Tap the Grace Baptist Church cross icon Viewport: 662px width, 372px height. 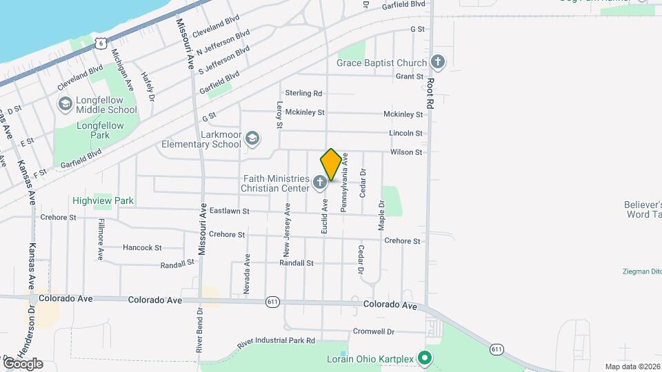tap(437, 63)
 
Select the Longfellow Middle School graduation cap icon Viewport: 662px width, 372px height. tap(66, 104)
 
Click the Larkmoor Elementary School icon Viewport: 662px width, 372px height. tap(252, 139)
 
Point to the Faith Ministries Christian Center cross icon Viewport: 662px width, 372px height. tap(319, 183)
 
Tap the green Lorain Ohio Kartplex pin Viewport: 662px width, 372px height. tap(425, 358)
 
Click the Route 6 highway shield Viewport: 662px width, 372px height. tap(101, 43)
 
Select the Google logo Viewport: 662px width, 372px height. tap(22, 363)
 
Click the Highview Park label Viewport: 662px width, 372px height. tap(103, 201)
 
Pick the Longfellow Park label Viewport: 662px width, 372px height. tap(100, 130)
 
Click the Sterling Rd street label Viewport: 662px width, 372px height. tap(303, 93)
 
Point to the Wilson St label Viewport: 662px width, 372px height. tap(405, 152)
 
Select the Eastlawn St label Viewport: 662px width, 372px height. tap(229, 211)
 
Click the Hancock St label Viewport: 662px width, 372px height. tap(141, 247)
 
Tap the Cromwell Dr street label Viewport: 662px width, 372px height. tap(372, 331)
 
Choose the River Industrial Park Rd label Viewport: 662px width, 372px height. tap(276, 341)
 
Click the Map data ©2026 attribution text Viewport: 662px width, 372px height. tap(632, 366)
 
